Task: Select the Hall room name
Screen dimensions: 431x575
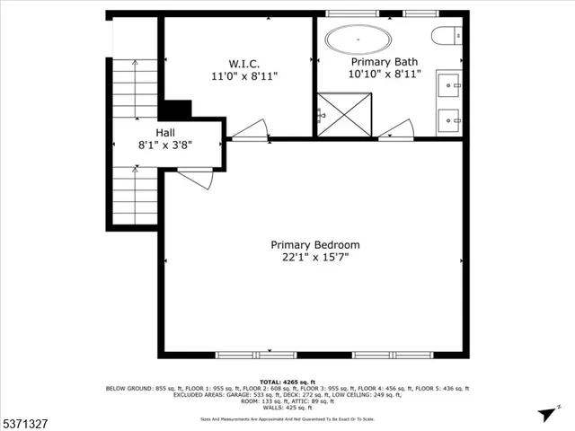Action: coord(164,130)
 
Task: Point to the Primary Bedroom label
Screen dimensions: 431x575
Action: coord(315,244)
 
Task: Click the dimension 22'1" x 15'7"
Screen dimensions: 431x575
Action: coord(315,257)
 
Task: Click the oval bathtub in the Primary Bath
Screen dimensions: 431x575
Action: coord(358,40)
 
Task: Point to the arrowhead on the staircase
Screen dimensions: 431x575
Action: coord(135,63)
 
